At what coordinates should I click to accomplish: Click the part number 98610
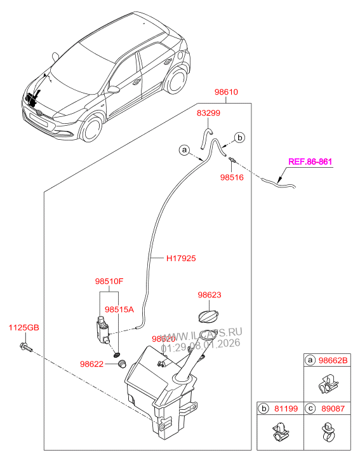[x=225, y=92]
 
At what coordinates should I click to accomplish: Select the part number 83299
[x=209, y=114]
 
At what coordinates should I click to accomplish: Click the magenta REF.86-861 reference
[x=310, y=161]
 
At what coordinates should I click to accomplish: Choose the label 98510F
[x=109, y=280]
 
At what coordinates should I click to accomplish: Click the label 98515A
[x=119, y=309]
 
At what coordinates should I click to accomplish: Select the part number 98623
[x=208, y=295]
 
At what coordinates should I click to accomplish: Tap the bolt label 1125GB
[x=23, y=327]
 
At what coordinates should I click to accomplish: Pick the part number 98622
[x=93, y=364]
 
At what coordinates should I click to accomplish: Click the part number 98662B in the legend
[x=334, y=360]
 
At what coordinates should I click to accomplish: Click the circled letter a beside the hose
[x=183, y=151]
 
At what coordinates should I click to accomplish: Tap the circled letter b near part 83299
[x=239, y=137]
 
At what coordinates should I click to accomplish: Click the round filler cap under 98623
[x=208, y=316]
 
